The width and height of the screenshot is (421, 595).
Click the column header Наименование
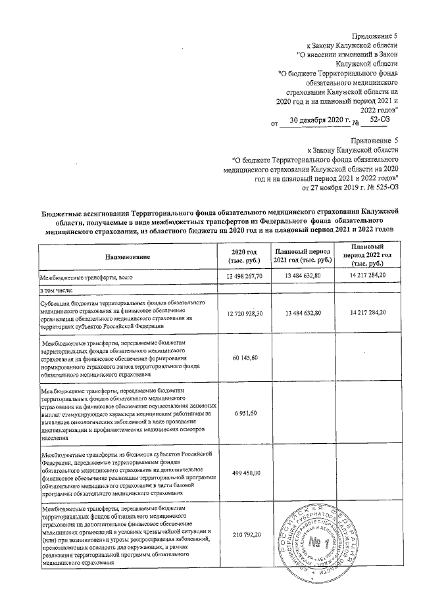click(x=127, y=256)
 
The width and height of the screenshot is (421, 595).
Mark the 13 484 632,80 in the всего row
click(x=303, y=277)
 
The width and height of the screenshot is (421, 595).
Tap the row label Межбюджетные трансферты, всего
click(x=79, y=278)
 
